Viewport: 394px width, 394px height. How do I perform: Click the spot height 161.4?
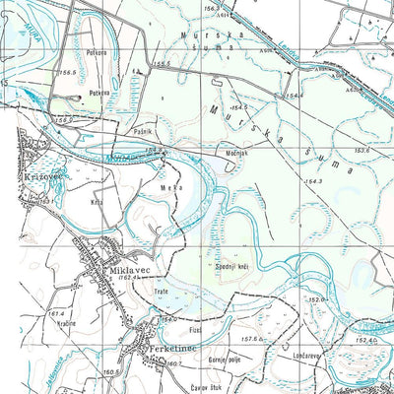click(x=56, y=312)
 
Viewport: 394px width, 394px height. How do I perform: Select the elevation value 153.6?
click(x=361, y=150)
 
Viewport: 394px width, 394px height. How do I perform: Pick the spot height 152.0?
click(x=317, y=299)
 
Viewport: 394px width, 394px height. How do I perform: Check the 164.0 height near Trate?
click(x=169, y=319)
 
